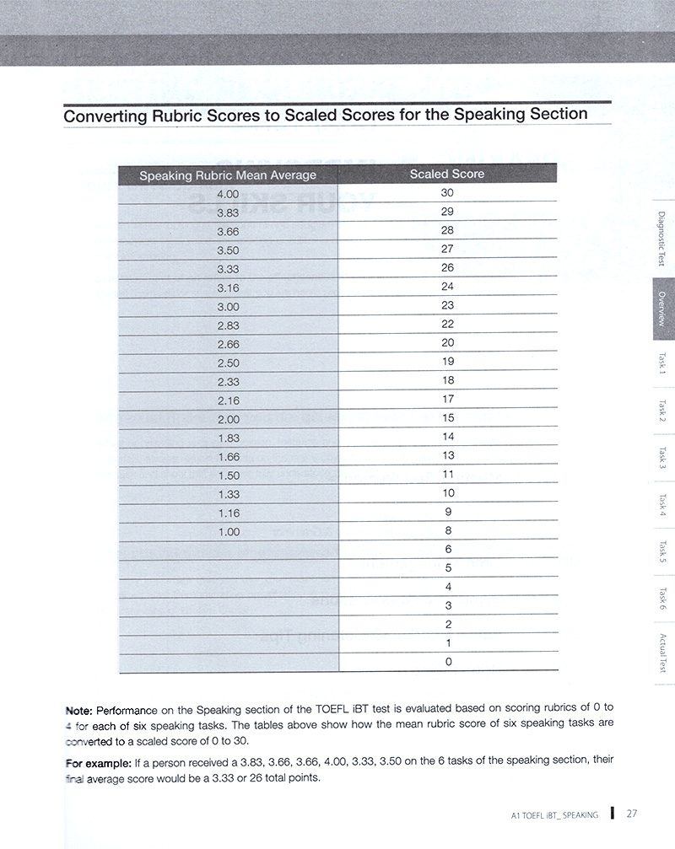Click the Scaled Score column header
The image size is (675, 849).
[x=447, y=175]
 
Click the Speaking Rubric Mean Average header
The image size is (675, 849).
[x=228, y=175]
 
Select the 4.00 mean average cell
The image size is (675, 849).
[x=229, y=194]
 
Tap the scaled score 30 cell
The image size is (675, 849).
[x=447, y=193]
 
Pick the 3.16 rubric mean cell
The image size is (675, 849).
[x=229, y=287]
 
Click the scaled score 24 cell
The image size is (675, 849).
[x=447, y=287]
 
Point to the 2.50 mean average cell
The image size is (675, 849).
[x=229, y=363]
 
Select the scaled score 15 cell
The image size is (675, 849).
[x=447, y=418]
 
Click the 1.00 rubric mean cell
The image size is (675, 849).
[x=229, y=532]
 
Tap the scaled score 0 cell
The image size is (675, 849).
[x=448, y=662]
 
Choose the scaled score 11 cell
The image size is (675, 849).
[x=447, y=475]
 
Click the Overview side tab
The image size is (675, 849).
[x=662, y=309]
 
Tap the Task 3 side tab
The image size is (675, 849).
[x=662, y=458]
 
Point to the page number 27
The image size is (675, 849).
[x=632, y=814]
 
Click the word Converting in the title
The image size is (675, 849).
[x=101, y=115]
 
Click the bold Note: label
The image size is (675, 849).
[x=81, y=710]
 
